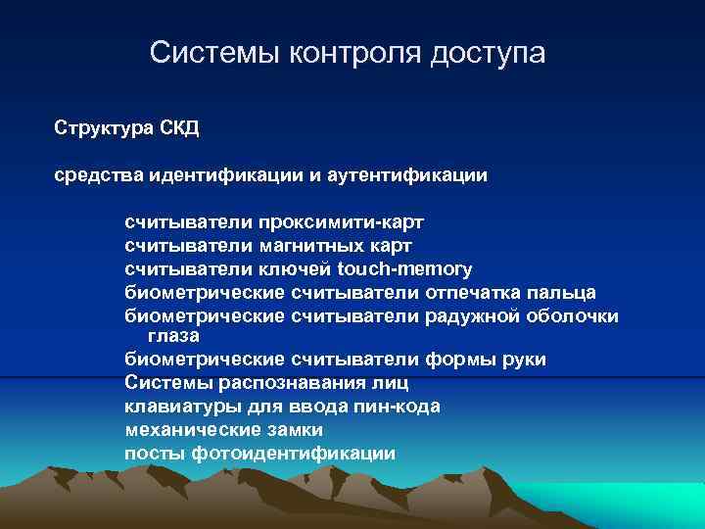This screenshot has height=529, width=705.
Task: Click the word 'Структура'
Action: [x=101, y=128]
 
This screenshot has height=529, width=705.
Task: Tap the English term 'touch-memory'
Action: [x=404, y=268]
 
